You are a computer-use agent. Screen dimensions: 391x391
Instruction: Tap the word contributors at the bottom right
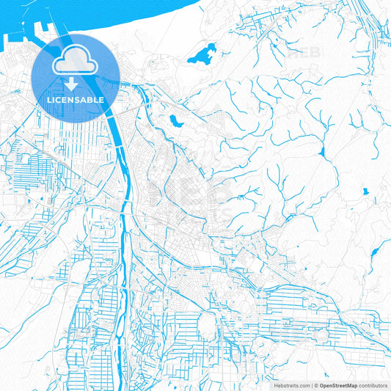click(x=373, y=384)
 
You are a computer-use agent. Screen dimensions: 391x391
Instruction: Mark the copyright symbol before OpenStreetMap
click(x=316, y=384)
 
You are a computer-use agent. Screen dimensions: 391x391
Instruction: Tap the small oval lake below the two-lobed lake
click(x=175, y=120)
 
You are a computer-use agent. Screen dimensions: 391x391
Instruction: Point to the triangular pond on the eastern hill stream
click(x=321, y=152)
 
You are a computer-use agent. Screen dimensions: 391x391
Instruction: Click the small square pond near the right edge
click(x=365, y=192)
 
